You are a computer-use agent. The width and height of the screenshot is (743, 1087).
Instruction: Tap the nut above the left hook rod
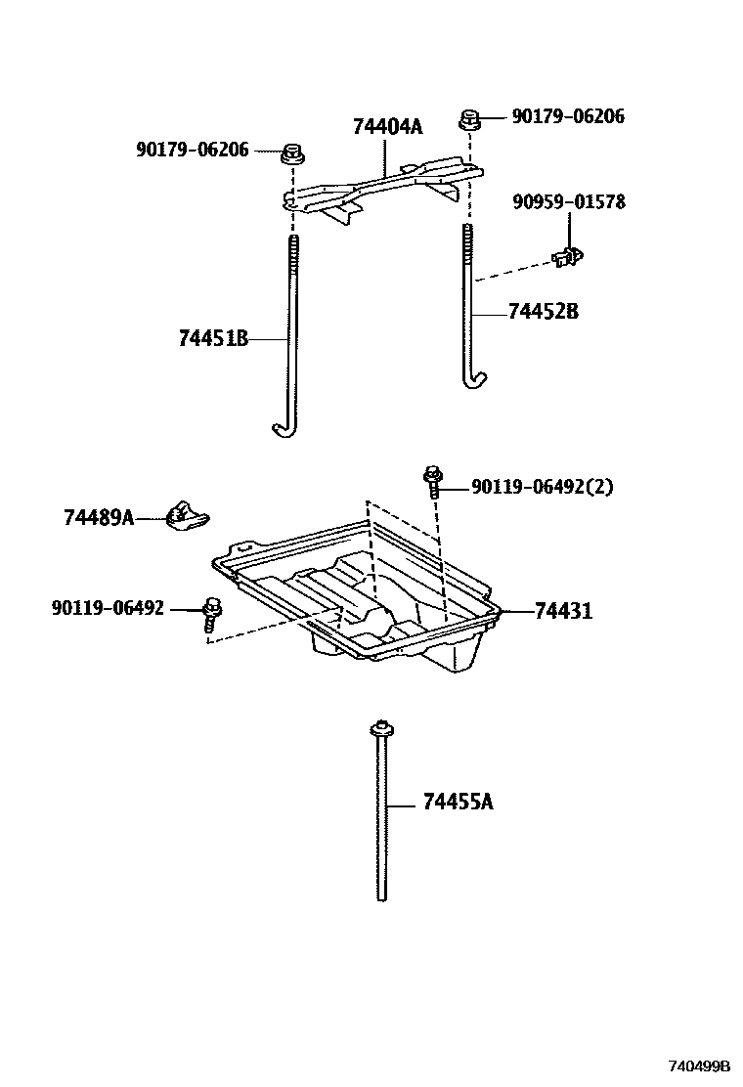(x=290, y=152)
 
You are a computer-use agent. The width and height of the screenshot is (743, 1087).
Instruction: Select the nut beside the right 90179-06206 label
(x=470, y=119)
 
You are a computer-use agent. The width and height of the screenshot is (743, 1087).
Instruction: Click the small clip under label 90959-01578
(x=568, y=256)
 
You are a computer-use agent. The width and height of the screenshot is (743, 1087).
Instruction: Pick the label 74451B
(x=213, y=339)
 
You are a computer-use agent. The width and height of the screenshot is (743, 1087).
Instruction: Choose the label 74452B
(x=544, y=312)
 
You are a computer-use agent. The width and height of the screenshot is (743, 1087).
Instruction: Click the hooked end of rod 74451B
(x=282, y=428)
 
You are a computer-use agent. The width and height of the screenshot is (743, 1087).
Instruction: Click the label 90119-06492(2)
(x=542, y=487)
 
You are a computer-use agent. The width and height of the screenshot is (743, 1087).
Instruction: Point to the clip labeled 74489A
(x=185, y=514)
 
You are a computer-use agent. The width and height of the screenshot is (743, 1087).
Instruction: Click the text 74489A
(x=99, y=517)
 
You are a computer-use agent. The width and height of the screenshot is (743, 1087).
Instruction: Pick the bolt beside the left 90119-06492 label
(x=211, y=614)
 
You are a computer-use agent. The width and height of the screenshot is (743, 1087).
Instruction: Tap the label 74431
(x=563, y=612)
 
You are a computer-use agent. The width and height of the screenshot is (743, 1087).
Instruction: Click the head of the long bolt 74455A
(x=380, y=728)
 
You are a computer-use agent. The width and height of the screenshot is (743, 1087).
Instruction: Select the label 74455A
(x=459, y=803)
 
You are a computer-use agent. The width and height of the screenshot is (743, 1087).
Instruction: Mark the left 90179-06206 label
(x=193, y=150)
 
